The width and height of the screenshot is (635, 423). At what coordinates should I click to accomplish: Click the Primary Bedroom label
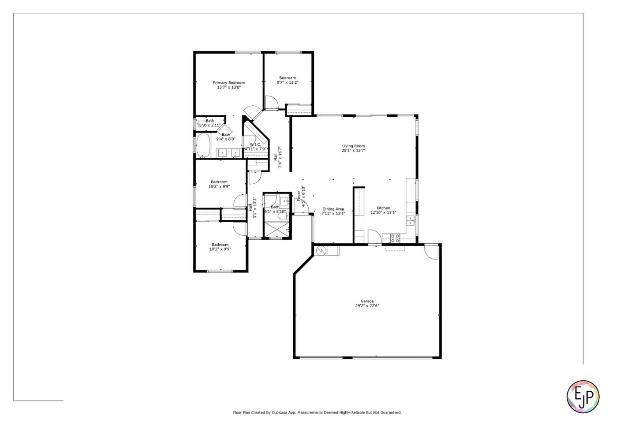tap(228, 82)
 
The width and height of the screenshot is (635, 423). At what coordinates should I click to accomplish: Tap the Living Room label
tap(353, 146)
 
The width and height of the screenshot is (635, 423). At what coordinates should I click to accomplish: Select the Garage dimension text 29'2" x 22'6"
tap(367, 306)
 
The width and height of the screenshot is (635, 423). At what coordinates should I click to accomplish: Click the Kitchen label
tap(383, 208)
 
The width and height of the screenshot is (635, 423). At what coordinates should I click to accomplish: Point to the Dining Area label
tap(333, 209)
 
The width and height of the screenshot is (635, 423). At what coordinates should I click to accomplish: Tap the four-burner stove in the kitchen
tap(395, 238)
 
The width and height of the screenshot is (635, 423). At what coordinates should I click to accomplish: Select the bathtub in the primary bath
tap(203, 145)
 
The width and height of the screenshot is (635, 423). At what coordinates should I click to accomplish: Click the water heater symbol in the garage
tap(321, 251)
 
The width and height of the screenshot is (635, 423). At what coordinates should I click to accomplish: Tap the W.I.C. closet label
tap(255, 145)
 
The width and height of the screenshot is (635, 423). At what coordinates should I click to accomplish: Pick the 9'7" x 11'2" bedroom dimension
tap(288, 82)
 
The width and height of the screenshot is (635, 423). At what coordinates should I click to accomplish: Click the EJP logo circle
tap(583, 397)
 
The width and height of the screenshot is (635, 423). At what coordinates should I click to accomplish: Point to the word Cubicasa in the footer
tap(274, 413)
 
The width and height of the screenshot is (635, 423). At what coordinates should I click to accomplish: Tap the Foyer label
tap(299, 196)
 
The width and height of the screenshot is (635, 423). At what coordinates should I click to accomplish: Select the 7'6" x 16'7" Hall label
tap(277, 157)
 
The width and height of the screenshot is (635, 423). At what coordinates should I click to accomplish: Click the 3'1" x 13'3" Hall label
tap(252, 207)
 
